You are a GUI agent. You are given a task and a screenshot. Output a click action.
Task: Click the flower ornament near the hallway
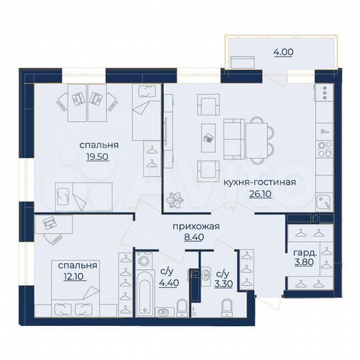177,199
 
